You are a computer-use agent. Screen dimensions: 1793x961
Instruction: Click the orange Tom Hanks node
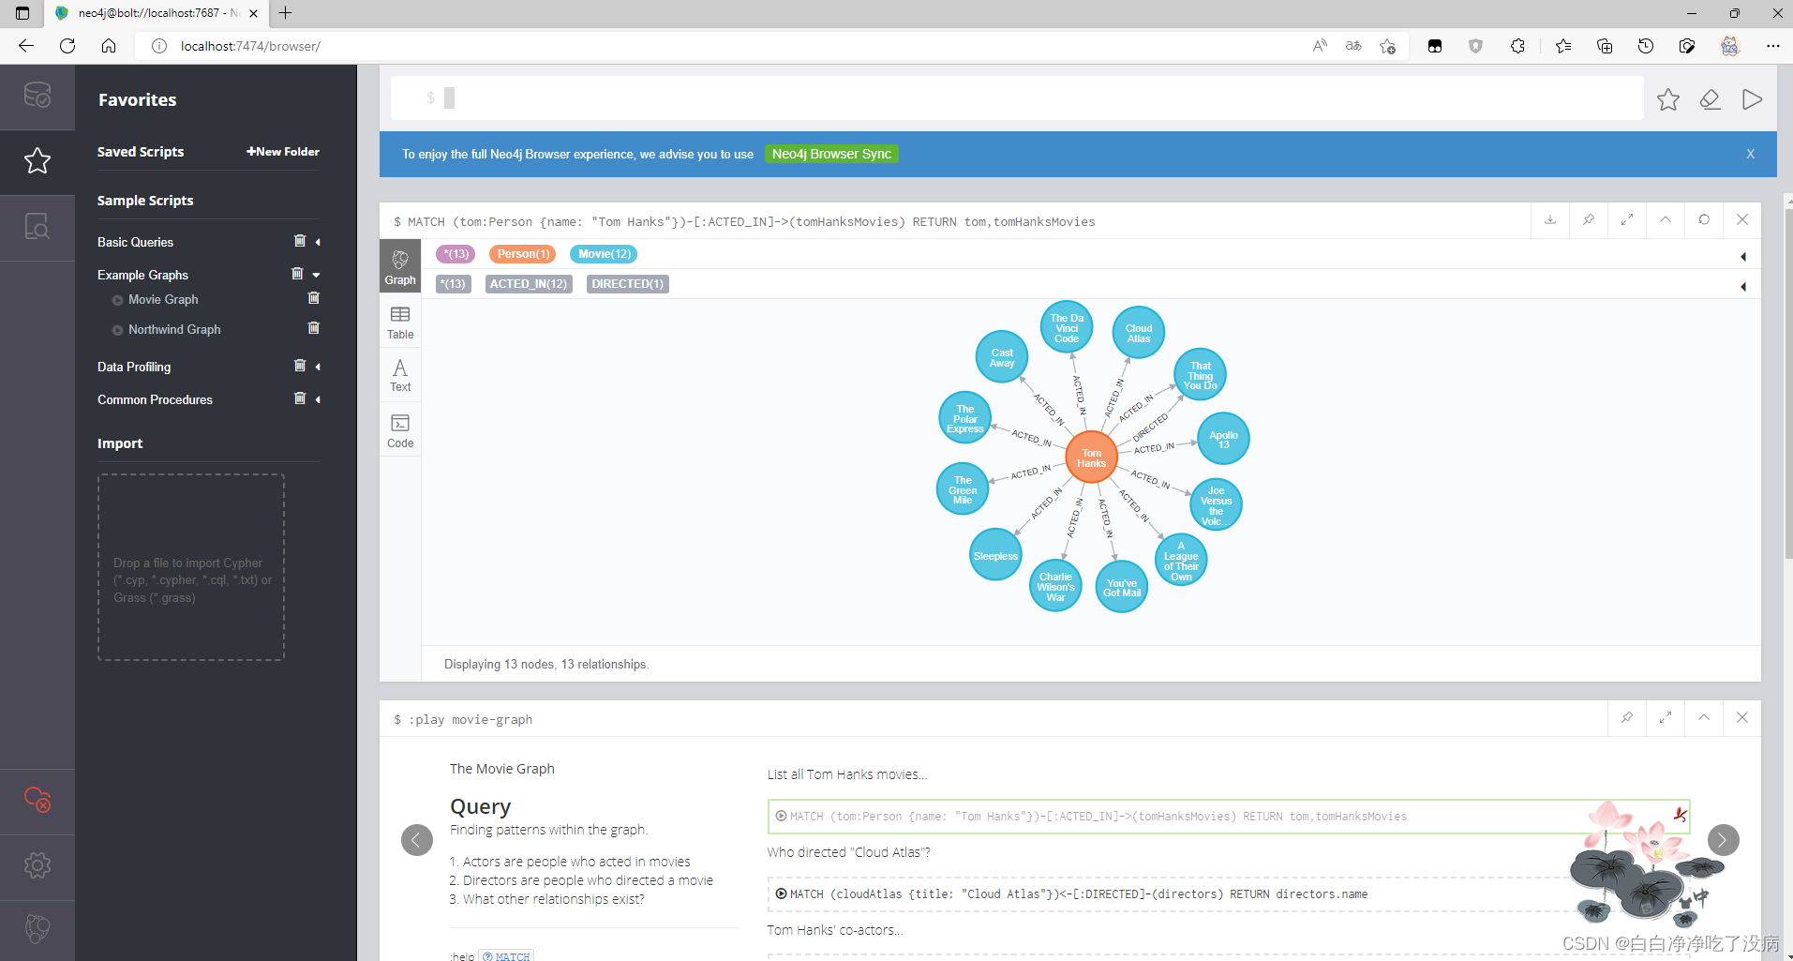tap(1091, 458)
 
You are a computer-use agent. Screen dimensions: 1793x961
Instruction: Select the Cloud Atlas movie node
tap(1139, 333)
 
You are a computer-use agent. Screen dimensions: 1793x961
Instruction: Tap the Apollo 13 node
tap(1223, 439)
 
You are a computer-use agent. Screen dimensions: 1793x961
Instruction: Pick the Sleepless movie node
tap(995, 555)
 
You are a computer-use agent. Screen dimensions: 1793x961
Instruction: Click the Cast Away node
tap(1002, 357)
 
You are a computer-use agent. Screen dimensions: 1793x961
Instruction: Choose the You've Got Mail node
tap(1122, 587)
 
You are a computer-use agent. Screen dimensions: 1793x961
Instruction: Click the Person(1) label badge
tap(523, 254)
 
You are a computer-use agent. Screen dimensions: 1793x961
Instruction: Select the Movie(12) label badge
tap(604, 254)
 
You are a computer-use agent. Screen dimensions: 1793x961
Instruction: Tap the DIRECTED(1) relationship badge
tap(627, 284)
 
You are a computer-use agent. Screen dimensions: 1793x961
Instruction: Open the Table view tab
tap(400, 322)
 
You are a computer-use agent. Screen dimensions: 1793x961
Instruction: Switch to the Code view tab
tap(400, 430)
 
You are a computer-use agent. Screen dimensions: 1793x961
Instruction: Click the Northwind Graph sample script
tap(174, 329)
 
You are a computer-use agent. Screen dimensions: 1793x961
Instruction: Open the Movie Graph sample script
tap(163, 299)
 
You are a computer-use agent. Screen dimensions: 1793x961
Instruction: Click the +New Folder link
tap(283, 152)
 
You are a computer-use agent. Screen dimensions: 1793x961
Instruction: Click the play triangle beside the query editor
tap(1752, 99)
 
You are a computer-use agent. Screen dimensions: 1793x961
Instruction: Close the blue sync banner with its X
tap(1750, 154)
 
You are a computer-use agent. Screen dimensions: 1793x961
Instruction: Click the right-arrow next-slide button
tap(1723, 839)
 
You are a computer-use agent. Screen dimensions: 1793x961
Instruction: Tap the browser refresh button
tap(67, 46)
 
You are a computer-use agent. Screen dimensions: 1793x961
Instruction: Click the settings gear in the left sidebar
tap(37, 864)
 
